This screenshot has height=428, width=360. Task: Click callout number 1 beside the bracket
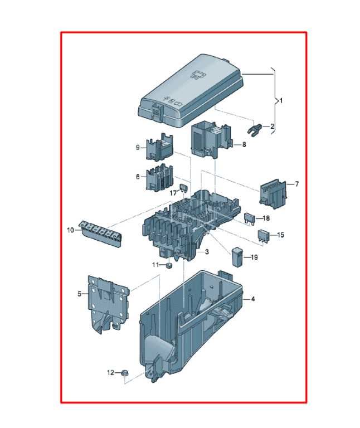point(281,101)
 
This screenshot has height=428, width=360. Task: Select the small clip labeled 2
point(254,128)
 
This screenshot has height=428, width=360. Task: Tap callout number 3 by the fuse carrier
point(207,252)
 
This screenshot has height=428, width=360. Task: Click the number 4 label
point(253,299)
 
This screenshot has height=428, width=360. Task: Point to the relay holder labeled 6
point(160,178)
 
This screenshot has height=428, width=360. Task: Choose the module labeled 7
point(273,193)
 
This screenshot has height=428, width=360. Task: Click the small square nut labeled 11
point(169,266)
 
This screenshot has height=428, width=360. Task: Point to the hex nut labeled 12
point(125,372)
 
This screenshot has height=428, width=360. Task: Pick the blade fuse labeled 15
point(264,236)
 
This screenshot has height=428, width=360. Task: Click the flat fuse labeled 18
point(250,219)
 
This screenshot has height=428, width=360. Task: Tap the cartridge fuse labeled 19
point(237,257)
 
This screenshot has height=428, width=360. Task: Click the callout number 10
point(70,230)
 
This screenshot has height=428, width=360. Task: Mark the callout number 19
point(254,257)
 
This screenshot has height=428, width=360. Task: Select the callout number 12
point(110,372)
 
